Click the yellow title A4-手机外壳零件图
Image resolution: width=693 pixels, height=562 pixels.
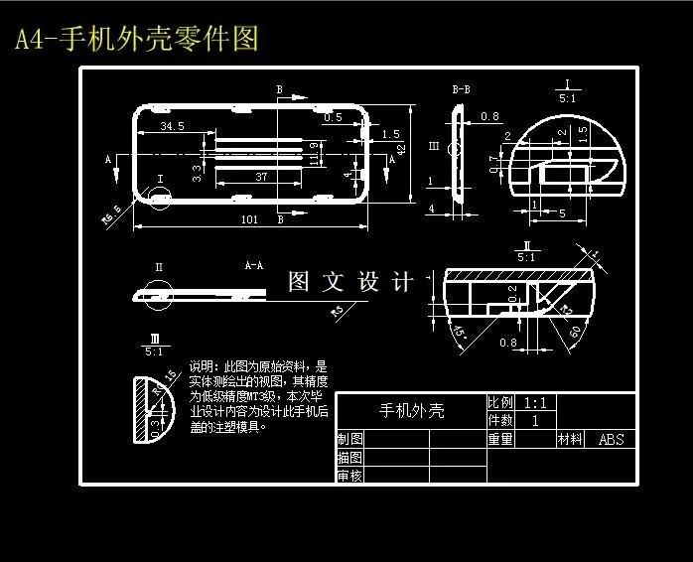coord(137,40)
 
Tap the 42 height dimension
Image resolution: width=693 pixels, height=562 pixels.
coord(402,149)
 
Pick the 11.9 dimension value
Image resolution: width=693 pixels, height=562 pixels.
coord(315,154)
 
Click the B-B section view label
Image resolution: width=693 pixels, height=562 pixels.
coord(461,90)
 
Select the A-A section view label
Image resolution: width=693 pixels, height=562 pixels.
coord(254,266)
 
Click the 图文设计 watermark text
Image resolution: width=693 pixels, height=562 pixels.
coord(350,282)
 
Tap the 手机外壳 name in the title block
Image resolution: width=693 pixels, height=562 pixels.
coord(411,410)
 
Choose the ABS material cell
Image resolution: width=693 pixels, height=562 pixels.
coord(611,439)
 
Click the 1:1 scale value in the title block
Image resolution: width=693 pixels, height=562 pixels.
coord(535,403)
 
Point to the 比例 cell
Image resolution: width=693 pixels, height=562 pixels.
coord(499,403)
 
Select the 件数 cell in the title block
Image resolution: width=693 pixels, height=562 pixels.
coord(499,421)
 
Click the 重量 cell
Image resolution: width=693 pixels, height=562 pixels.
coord(499,439)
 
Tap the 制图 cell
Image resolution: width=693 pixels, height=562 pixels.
coord(349,439)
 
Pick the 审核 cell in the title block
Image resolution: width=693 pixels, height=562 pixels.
coord(349,476)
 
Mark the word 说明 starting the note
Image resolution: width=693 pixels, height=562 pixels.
coord(202,365)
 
